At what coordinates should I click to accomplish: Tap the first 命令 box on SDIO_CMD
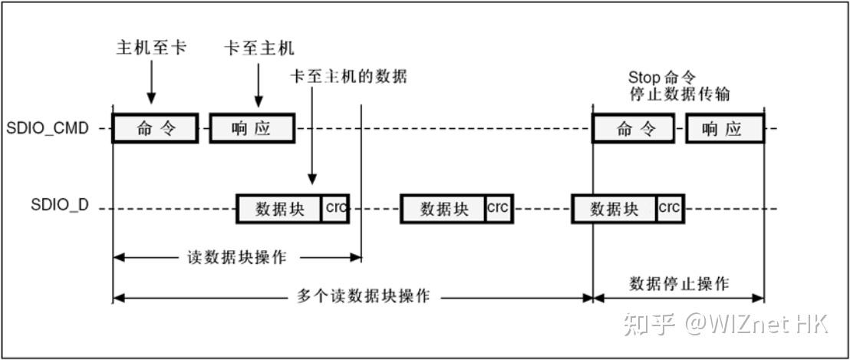coord(155,128)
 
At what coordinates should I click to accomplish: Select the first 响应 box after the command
coord(252,128)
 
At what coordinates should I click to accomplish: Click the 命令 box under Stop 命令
coord(634,128)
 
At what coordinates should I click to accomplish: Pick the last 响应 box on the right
coord(725,128)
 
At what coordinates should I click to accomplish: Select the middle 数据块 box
coord(443,209)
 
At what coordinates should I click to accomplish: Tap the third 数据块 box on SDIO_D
coord(614,209)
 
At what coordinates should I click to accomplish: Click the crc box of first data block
coord(335,208)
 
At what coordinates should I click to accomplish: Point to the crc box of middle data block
coord(499,208)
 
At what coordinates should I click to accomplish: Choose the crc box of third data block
coord(670,208)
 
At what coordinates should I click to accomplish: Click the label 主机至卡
coord(151,48)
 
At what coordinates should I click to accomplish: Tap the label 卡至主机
coord(259,48)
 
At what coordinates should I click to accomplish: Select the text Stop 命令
coord(662,78)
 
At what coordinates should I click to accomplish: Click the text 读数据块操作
coord(237,257)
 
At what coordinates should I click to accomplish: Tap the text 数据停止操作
coord(679,283)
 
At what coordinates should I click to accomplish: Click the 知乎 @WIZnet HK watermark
coord(725,323)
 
